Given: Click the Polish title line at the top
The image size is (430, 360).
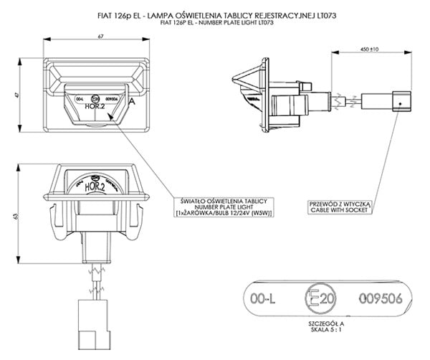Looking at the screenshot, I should [215, 14].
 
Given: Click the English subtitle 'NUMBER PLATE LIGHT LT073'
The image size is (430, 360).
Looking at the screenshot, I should [215, 23].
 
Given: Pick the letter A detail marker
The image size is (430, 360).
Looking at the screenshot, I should [132, 102].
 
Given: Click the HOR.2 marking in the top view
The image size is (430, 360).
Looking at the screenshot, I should [95, 105].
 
